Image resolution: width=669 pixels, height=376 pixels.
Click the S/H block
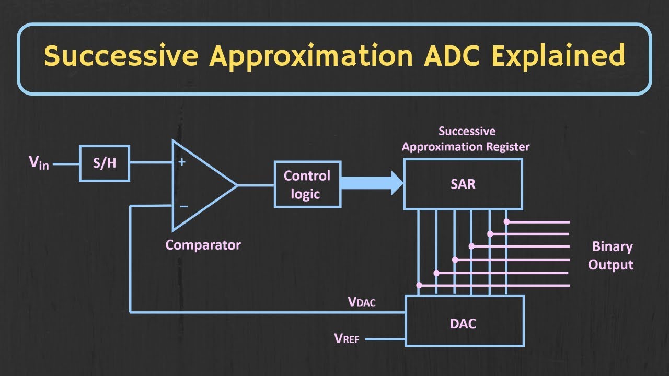(x=105, y=163)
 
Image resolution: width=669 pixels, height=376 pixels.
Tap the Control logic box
(x=307, y=184)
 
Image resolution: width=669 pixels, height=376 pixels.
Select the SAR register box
(x=463, y=184)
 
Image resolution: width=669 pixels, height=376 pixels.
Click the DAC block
(x=463, y=324)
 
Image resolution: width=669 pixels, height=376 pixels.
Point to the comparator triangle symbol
(x=201, y=185)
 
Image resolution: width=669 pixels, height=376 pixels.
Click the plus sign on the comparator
(x=182, y=162)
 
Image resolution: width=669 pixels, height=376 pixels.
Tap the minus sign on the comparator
(x=183, y=206)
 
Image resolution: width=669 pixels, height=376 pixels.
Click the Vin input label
(x=39, y=163)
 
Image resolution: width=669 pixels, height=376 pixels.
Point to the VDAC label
(x=362, y=301)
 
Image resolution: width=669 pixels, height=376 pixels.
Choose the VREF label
(x=347, y=339)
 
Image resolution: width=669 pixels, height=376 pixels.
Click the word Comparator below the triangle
(x=203, y=244)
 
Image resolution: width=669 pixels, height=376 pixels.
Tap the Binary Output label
(x=611, y=255)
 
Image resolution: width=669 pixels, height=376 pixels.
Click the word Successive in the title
(x=122, y=56)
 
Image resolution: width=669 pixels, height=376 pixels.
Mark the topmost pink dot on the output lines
(x=506, y=221)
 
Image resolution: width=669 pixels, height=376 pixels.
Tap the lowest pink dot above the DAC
(x=419, y=285)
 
